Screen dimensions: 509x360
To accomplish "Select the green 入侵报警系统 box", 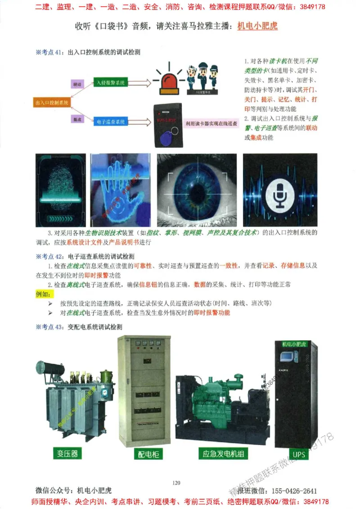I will coord(111,83).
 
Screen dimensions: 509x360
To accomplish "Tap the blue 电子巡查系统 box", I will coord(111,121).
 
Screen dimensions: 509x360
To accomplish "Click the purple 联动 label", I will coord(78,84).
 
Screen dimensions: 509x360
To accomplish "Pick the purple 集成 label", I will coord(78,119).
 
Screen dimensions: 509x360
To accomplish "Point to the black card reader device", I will coord(167,125).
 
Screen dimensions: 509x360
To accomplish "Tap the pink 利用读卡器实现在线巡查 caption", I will coord(211,123).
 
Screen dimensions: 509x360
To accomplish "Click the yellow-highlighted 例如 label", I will coord(45,294).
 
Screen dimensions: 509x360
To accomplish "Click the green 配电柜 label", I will coord(148,454).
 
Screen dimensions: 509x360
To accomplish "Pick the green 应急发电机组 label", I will coord(223,453).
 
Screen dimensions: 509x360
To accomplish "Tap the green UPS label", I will coord(298,454).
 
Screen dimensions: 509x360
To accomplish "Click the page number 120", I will coord(176,483).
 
